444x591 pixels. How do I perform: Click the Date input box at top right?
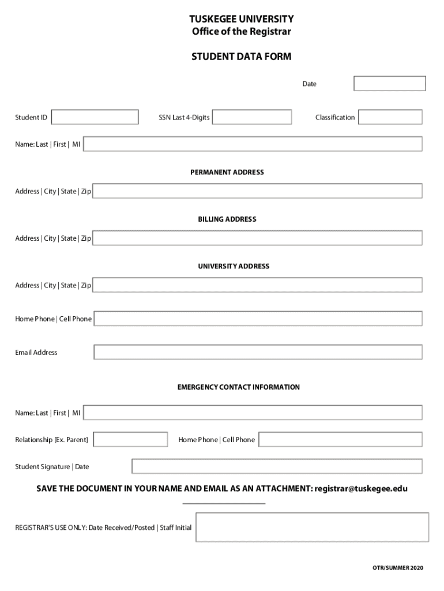tap(389, 84)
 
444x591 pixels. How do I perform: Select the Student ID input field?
tap(95, 117)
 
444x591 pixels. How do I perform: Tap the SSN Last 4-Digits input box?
tap(252, 117)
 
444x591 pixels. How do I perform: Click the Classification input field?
tap(390, 117)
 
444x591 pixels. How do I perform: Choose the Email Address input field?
tap(258, 352)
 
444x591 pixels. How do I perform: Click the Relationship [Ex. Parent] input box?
tap(130, 440)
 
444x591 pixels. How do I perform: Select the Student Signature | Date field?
tap(277, 466)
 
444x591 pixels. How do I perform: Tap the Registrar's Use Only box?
tap(312, 528)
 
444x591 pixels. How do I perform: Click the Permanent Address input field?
tap(257, 191)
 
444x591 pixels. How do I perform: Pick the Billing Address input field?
tap(257, 238)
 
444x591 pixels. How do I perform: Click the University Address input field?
tap(257, 285)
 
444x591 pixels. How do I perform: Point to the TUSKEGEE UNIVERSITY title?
tap(241, 19)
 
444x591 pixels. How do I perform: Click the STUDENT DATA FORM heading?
tap(241, 57)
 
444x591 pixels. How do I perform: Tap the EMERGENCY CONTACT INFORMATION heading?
tap(238, 387)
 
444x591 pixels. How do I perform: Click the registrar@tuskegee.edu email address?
tap(361, 488)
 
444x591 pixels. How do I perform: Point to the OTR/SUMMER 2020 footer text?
tap(397, 568)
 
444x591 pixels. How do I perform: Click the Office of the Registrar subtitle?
tap(241, 31)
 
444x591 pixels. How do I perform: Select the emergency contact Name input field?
tap(253, 413)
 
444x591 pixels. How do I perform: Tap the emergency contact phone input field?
tap(340, 440)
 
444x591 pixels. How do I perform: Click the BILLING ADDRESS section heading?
tap(227, 219)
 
